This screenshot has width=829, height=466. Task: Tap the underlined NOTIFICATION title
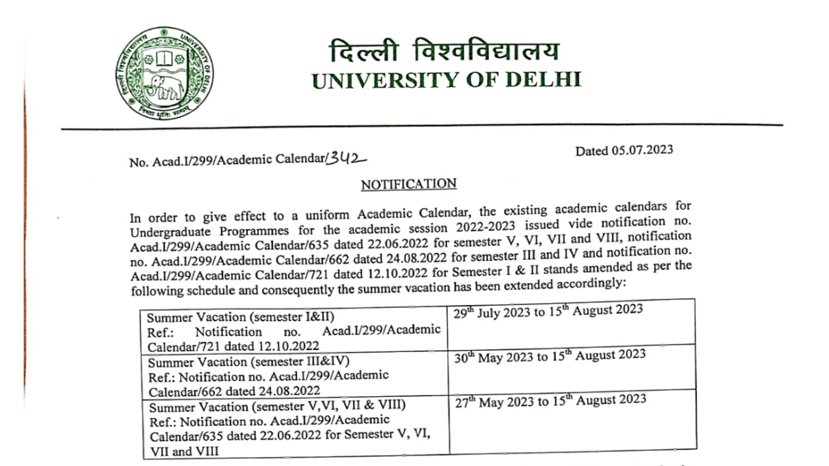tap(409, 184)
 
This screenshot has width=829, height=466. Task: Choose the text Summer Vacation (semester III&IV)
tap(249, 362)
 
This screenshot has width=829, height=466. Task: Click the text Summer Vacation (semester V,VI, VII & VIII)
tap(276, 406)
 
